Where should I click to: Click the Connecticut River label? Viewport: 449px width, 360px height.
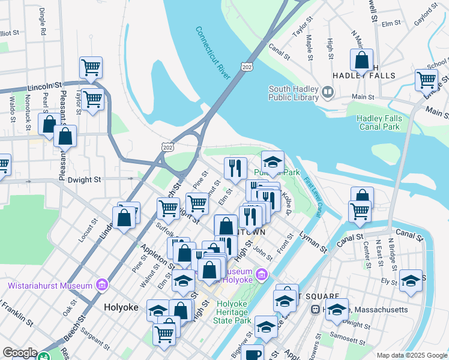212,53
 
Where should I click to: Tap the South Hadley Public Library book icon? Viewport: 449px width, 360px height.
328,92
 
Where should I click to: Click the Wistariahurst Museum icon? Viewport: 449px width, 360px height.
100,283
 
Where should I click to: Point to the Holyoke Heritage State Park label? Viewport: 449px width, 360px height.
233,312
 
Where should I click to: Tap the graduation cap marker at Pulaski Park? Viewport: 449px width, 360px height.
273,162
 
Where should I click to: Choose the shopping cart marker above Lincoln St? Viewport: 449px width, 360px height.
91,68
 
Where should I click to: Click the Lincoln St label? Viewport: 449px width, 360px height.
46,86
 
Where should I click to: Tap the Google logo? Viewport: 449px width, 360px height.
19,353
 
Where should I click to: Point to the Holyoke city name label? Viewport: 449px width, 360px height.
121,307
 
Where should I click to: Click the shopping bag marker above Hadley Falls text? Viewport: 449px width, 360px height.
361,60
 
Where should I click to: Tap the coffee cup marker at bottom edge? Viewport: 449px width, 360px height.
253,353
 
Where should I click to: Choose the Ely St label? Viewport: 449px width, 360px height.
389,280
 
